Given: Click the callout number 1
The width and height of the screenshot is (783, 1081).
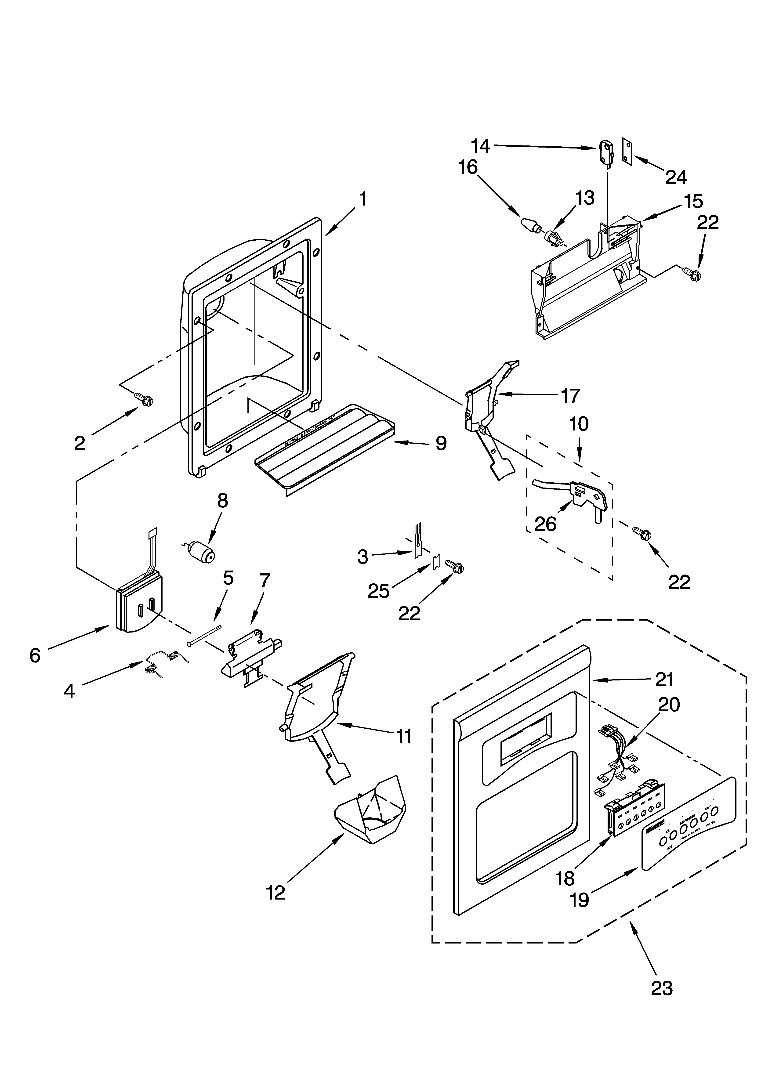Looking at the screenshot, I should tap(363, 199).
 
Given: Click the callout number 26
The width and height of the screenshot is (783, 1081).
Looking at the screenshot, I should tap(546, 524).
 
